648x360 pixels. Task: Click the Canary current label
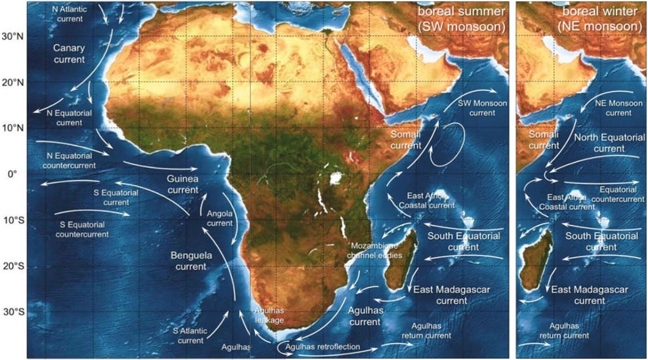(x=69, y=54)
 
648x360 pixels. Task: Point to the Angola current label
(x=220, y=218)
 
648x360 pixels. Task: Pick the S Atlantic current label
(x=191, y=335)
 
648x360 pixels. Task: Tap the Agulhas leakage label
(x=270, y=316)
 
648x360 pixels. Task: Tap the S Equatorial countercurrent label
(x=81, y=229)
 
